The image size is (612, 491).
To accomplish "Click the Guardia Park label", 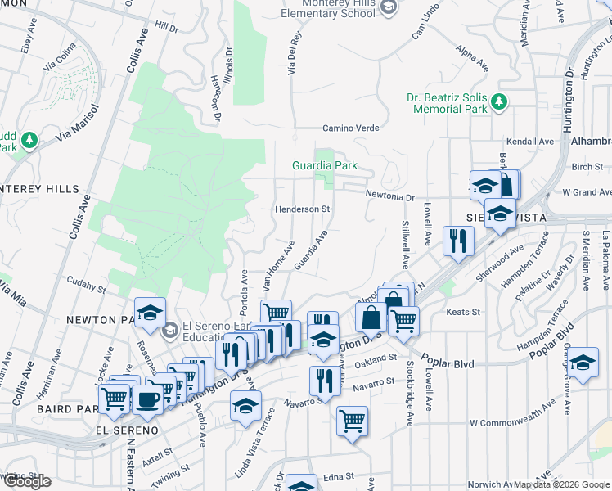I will [325, 165].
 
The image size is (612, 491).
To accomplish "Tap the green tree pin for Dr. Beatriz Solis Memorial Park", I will [498, 102].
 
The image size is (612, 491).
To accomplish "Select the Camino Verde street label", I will [350, 128].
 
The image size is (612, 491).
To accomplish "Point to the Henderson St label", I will [301, 209].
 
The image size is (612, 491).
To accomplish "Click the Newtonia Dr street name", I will [390, 197].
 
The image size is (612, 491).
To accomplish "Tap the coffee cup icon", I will [147, 400].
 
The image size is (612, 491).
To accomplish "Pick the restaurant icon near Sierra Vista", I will [456, 240].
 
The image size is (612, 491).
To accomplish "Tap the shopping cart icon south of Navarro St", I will [353, 421].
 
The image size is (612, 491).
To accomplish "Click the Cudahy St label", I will [86, 289].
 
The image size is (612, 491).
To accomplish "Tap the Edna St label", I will [337, 475].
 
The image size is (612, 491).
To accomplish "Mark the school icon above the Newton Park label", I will [151, 312].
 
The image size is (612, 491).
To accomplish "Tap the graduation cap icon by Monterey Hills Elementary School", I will [389, 7].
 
